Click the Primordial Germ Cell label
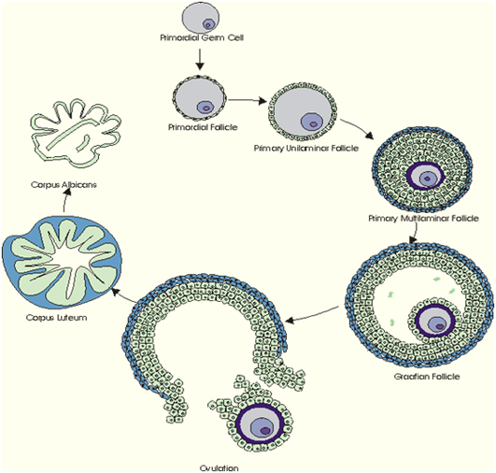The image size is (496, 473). click(x=202, y=38)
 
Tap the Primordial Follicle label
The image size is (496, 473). click(x=203, y=127)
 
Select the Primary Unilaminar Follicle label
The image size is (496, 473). click(x=306, y=149)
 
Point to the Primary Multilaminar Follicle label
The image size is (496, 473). click(x=423, y=219)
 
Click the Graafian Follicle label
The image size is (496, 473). click(x=427, y=377)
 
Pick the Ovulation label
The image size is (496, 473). click(x=219, y=468)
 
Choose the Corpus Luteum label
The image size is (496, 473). click(x=57, y=317)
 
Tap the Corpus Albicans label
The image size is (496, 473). click(x=64, y=184)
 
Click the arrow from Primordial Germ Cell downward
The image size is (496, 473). click(x=199, y=59)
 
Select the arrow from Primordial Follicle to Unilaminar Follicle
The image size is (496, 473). click(x=248, y=101)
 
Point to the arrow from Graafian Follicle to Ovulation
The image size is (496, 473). click(x=312, y=315)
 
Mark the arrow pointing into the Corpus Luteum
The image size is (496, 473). click(x=125, y=295)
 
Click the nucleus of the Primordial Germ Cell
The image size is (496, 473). click(x=208, y=24)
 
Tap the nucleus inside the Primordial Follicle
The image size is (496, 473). click(x=205, y=107)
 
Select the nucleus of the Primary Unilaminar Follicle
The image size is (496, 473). click(x=312, y=122)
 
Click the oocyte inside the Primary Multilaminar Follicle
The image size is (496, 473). click(x=426, y=178)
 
